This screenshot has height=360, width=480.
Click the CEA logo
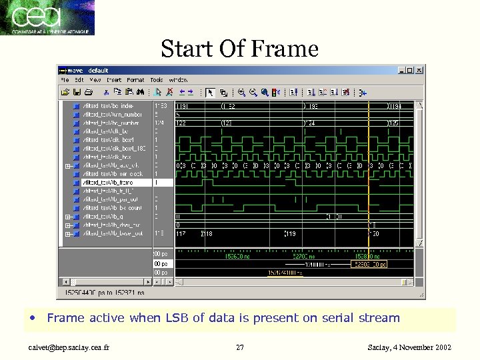[48, 17]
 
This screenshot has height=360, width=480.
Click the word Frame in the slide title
[285, 49]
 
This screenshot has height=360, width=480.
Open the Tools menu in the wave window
[157, 80]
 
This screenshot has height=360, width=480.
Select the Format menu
[135, 80]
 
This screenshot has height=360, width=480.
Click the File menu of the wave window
[65, 80]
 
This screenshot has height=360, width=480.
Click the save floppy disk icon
[77, 92]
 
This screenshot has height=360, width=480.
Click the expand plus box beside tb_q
[68, 217]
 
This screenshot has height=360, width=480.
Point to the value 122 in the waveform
[181, 123]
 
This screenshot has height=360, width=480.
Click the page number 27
[240, 347]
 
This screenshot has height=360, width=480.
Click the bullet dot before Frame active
[33, 318]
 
